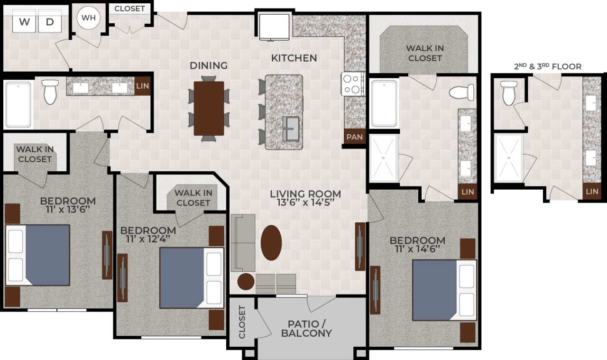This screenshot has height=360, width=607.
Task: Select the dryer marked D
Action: [50, 22]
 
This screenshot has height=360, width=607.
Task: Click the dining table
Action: [209, 109]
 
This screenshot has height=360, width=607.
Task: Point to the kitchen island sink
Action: [291, 129]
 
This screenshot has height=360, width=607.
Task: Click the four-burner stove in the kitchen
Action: [353, 84]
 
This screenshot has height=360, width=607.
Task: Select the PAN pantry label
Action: [354, 138]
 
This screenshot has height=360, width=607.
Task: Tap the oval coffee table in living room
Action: [271, 242]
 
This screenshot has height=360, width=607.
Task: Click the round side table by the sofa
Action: [246, 282]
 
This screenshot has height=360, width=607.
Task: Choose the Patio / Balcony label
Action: [307, 328]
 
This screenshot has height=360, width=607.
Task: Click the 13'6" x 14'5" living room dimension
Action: [305, 202]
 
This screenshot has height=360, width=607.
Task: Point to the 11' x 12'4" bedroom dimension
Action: [148, 239]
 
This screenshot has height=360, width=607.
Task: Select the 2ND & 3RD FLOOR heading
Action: [548, 66]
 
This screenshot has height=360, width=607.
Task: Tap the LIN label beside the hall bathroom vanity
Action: [142, 86]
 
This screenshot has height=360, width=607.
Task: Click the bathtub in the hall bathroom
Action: [18, 104]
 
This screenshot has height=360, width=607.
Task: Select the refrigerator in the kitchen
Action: [274, 28]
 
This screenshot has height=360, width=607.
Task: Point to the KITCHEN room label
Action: [294, 58]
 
